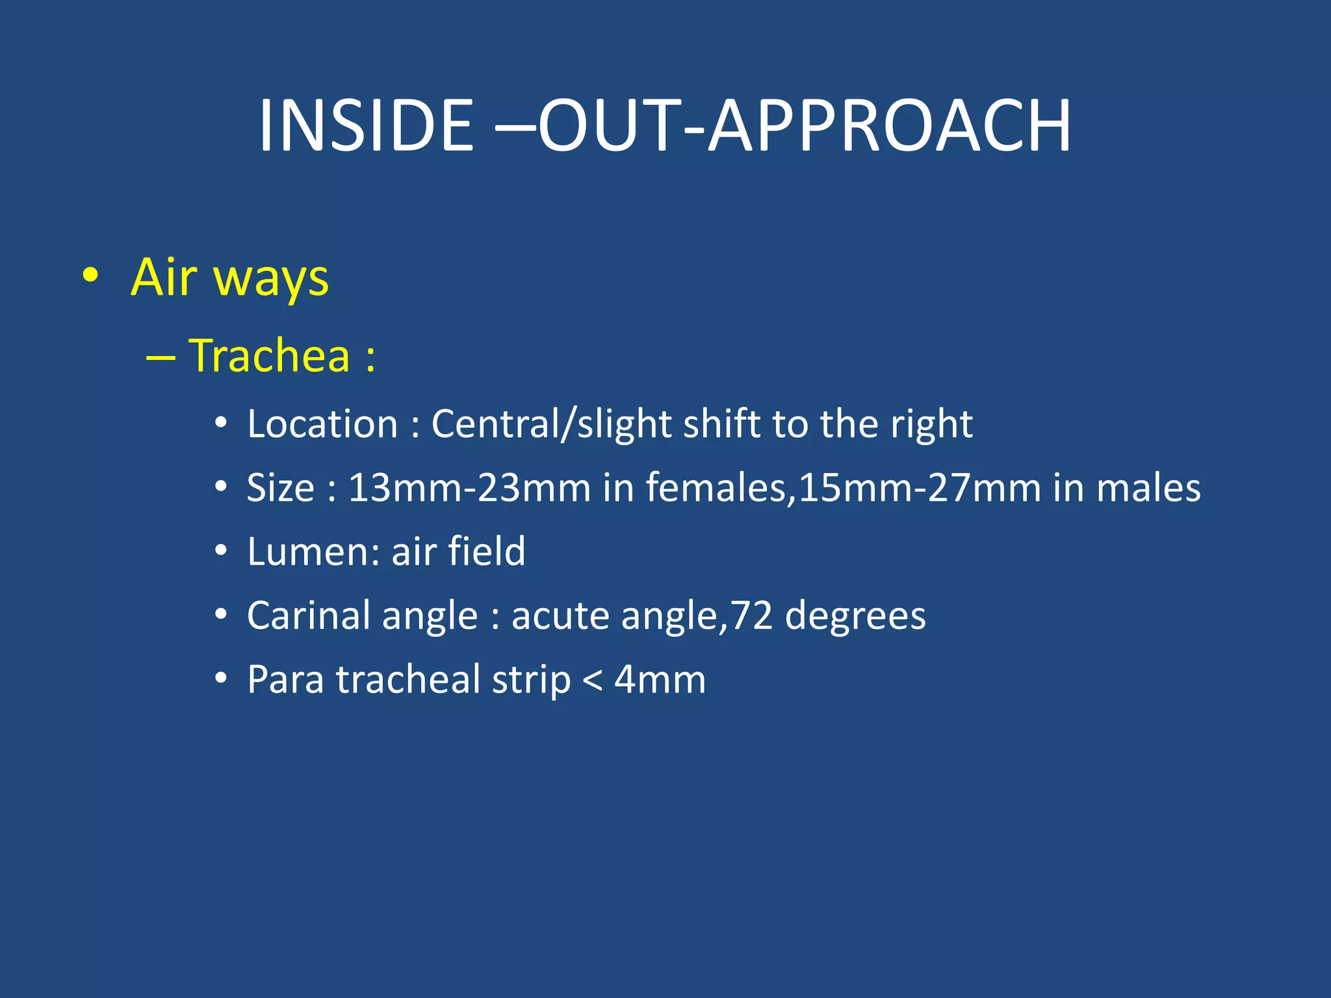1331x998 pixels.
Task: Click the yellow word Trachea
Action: (x=269, y=356)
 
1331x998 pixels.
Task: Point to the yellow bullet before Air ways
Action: (x=91, y=276)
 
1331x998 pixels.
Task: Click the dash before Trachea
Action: (x=161, y=358)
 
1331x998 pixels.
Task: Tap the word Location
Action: (x=322, y=425)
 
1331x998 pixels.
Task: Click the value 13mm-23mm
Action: (x=469, y=488)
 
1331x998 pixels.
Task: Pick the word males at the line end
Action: (x=1148, y=488)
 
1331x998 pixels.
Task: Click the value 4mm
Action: (x=660, y=680)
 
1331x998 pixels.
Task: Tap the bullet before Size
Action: (x=221, y=487)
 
